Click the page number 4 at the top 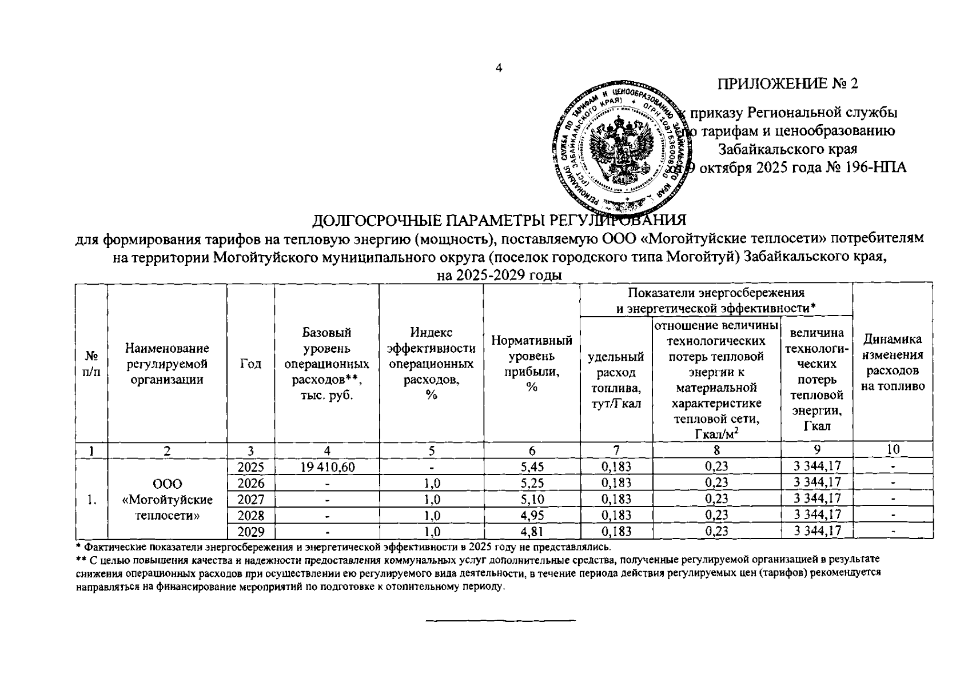(x=499, y=69)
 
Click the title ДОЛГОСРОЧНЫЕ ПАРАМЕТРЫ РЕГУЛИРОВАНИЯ (x=499, y=221)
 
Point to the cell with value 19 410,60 (x=326, y=467)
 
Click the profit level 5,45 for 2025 (x=532, y=467)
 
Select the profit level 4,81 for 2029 (x=532, y=532)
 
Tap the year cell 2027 (x=250, y=499)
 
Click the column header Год (x=250, y=364)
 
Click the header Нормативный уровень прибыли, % (x=532, y=364)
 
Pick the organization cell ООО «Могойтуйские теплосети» (x=167, y=500)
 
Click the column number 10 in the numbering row (x=893, y=450)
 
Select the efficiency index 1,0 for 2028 (x=432, y=516)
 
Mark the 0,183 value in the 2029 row (x=616, y=532)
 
